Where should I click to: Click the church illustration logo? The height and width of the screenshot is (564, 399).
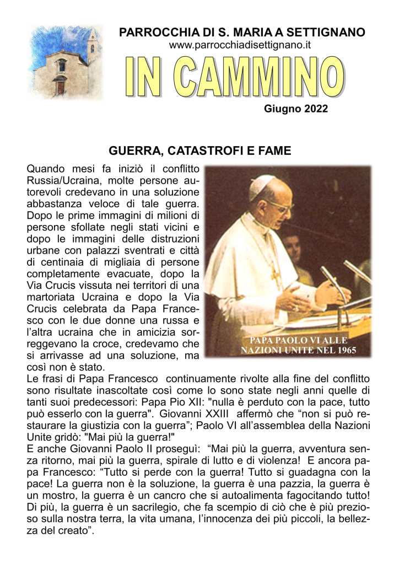click(x=65, y=62)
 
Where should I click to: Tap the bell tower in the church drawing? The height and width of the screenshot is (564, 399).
click(x=91, y=47)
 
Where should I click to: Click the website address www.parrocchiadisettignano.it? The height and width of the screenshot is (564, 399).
click(x=240, y=45)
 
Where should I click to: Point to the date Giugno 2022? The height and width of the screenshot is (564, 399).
click(x=296, y=109)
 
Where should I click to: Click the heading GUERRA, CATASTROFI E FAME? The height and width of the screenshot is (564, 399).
click(x=199, y=150)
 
